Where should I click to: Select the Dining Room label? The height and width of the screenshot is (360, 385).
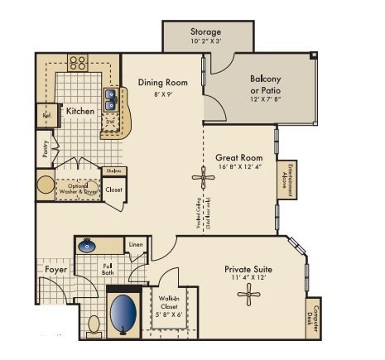tap(162, 83)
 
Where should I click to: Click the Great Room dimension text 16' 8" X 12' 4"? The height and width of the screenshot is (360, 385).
tap(238, 167)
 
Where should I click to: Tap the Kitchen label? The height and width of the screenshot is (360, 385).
tap(80, 111)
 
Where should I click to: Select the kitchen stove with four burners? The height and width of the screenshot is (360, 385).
tap(77, 61)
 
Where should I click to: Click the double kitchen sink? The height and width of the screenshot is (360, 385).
tap(110, 98)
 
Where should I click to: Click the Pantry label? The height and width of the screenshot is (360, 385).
tap(44, 148)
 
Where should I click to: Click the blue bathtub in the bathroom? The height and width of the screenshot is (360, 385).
tap(123, 312)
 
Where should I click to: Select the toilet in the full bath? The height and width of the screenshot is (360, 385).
tap(94, 324)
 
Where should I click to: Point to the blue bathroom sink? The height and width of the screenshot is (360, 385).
tap(88, 246)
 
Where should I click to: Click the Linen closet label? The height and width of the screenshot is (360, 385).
tap(136, 244)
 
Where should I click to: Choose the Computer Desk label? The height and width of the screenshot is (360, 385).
tap(313, 319)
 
